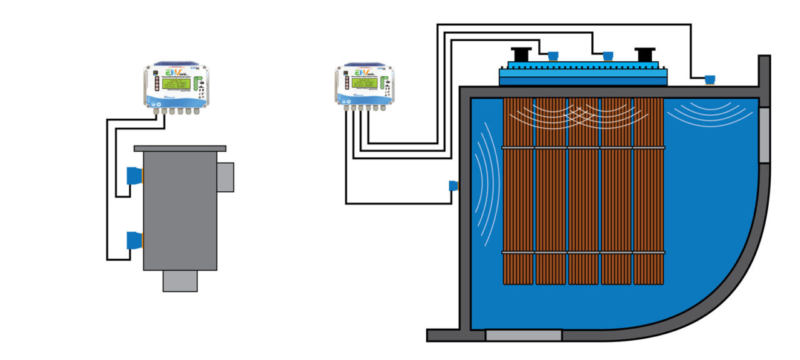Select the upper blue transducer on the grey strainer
point(134,176)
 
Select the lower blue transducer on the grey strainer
point(134,241)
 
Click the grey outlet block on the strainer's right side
point(225,177)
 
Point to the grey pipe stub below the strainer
point(180,281)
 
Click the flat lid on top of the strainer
point(180,148)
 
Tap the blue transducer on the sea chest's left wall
point(453,186)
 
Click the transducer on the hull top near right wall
point(710,79)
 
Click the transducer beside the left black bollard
point(552,56)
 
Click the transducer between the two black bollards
point(607,56)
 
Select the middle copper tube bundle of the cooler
point(584,191)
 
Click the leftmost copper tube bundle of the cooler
point(518,191)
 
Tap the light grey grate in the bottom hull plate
point(523,336)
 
